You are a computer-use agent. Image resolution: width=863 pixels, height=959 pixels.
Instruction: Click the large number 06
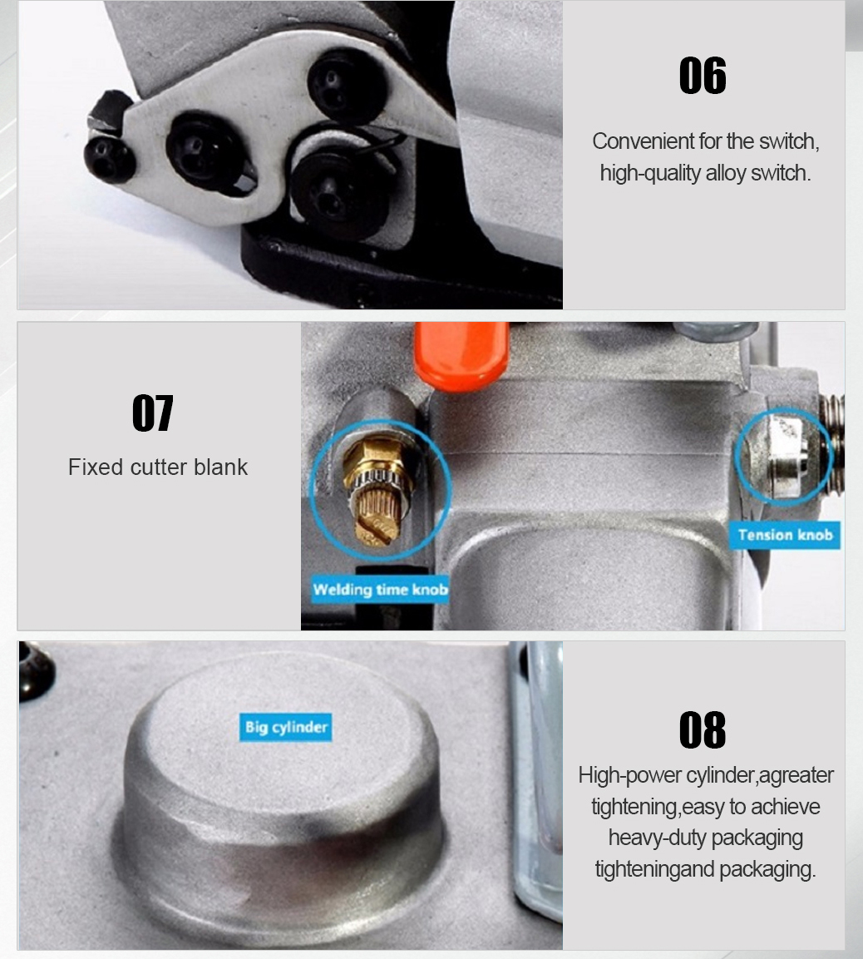coord(703,76)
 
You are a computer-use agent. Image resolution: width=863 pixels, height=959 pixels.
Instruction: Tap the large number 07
coord(153,413)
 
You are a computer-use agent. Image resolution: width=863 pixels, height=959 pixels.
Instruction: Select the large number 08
coord(703,730)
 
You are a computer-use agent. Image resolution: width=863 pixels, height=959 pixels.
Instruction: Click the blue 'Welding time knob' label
coord(380,590)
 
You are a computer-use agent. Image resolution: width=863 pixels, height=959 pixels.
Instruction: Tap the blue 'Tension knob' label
coord(785,535)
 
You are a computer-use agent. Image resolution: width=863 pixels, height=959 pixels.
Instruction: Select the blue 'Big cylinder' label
coord(286,727)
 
